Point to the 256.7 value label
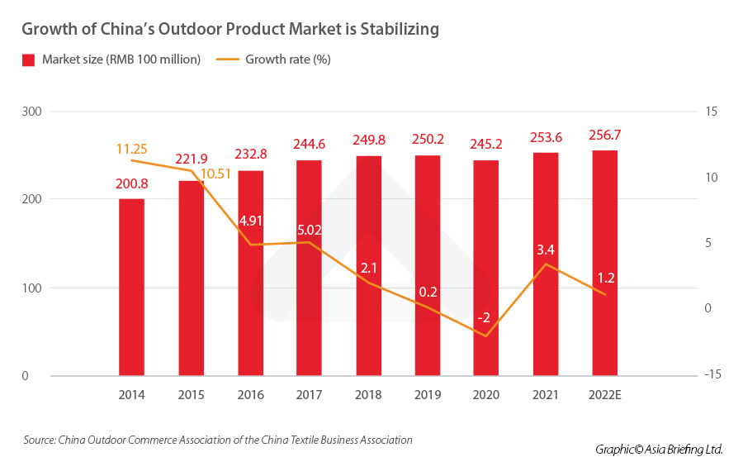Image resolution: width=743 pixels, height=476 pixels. pos(604,135)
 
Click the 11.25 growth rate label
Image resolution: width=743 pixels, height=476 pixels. pos(131,149)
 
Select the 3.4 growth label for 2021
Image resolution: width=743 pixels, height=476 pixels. pos(545,248)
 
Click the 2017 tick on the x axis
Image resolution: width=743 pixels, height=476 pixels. pos(309,395)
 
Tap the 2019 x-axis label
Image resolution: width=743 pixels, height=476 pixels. pos(427,395)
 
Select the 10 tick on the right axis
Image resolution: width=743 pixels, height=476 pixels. pos(712,177)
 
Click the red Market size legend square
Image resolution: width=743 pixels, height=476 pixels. pos(28,59)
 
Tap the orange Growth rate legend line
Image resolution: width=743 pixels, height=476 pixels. pos(227,59)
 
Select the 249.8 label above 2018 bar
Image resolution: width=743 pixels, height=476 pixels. pos(367,143)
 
